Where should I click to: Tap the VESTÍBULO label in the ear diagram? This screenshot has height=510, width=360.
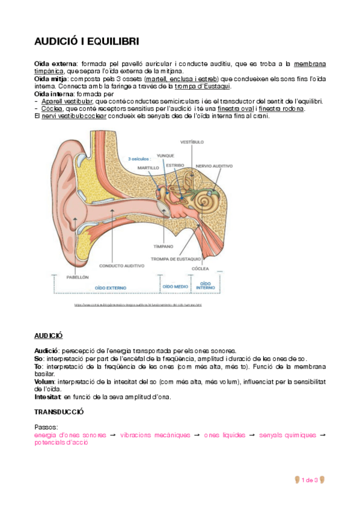tap(192, 143)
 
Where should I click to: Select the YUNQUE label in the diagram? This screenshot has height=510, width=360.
tap(165, 155)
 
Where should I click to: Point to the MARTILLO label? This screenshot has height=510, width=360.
tap(147, 168)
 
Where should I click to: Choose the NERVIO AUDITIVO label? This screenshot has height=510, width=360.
tap(214, 165)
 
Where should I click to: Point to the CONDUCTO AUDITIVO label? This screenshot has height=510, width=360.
tap(121, 265)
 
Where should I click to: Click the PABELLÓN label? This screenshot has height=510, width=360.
tap(76, 277)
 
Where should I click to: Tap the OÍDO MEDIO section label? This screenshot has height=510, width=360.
tap(174, 287)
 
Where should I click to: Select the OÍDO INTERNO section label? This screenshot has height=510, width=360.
tap(206, 285)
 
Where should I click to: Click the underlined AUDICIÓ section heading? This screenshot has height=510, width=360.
tap(48, 336)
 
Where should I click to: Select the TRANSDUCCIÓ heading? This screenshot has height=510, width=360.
tap(59, 413)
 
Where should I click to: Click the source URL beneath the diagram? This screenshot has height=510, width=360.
tap(138, 305)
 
